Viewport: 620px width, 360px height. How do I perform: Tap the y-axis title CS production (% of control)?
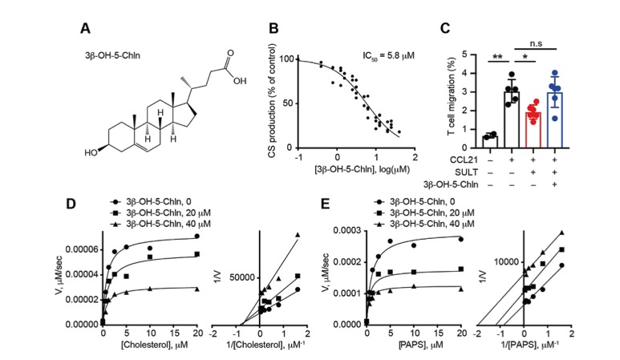point(278,104)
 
